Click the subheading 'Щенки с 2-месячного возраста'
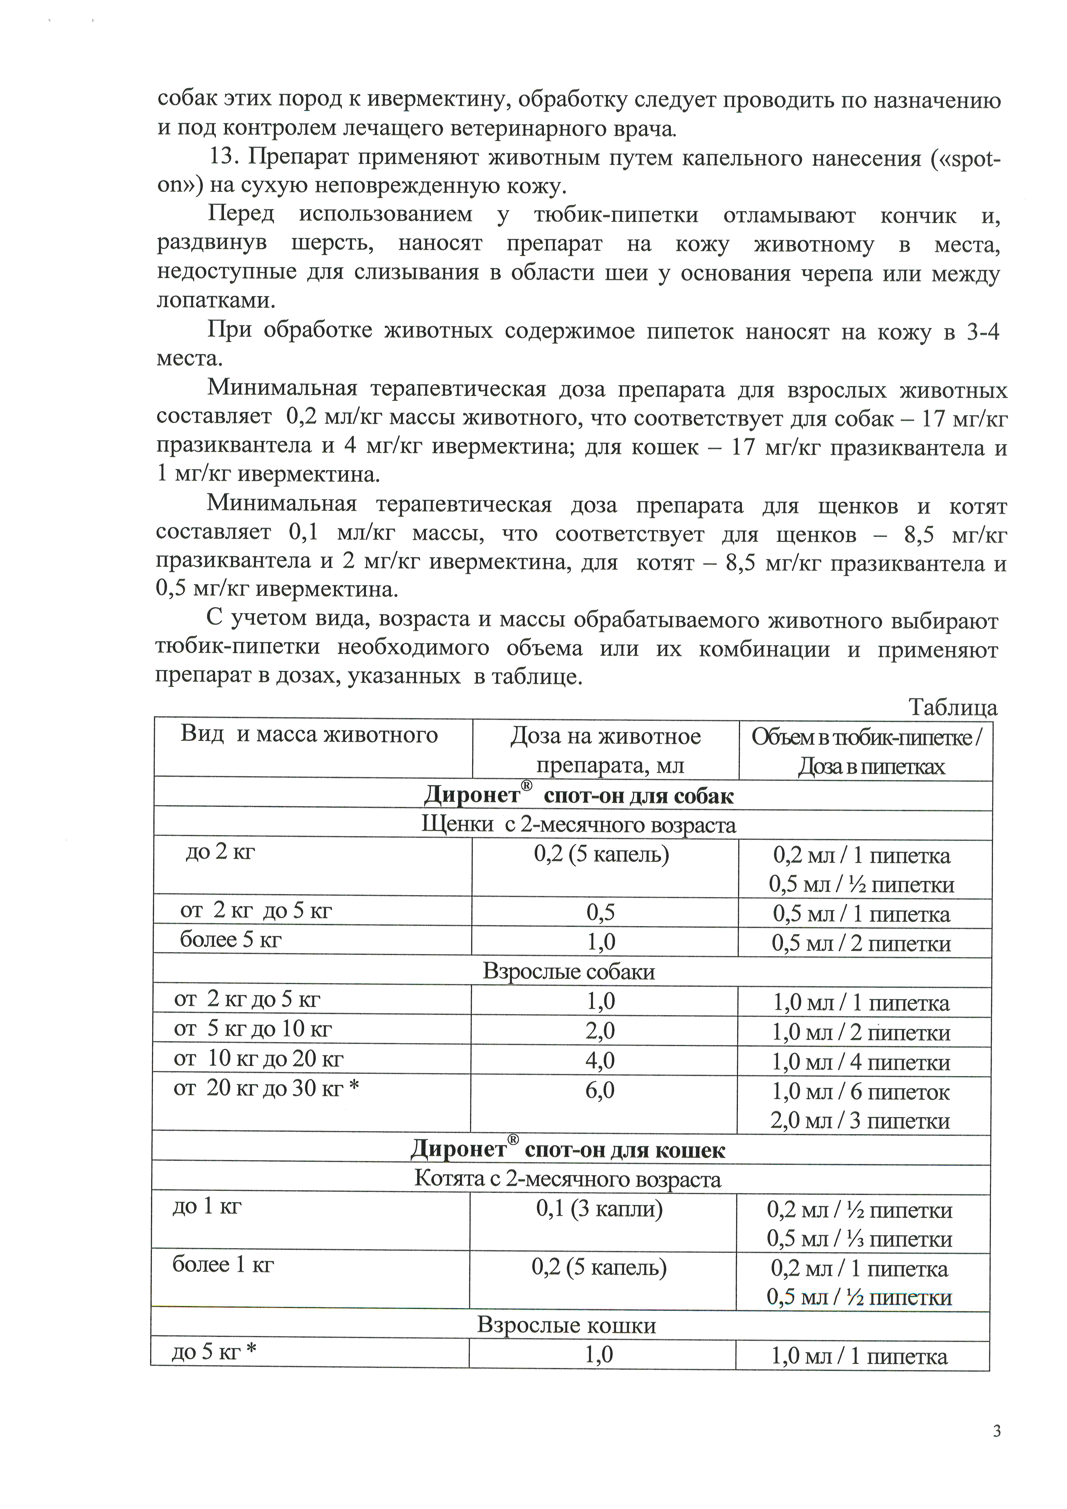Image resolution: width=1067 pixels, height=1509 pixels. click(578, 825)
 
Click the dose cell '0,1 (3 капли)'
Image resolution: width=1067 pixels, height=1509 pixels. click(599, 1209)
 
